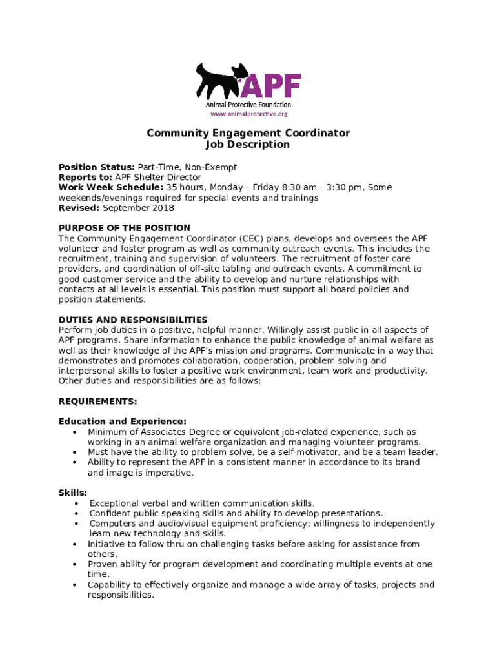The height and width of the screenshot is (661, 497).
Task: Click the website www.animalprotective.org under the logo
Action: tap(249, 114)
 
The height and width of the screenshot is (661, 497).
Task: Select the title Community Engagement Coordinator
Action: tap(248, 133)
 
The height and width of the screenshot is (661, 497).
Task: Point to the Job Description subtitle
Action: tap(248, 144)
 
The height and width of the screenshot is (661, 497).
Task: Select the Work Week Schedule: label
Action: tap(110, 188)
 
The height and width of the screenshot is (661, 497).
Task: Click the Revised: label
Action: tap(79, 208)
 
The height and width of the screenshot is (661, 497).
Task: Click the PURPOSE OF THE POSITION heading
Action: tap(125, 228)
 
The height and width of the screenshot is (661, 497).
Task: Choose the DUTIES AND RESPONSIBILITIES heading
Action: tap(133, 320)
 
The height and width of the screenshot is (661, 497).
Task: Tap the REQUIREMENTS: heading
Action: tap(97, 402)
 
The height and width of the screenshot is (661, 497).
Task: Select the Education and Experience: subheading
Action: tap(123, 422)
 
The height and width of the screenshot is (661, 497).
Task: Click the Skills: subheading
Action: tap(73, 493)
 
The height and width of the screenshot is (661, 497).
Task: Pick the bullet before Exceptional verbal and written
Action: tap(77, 503)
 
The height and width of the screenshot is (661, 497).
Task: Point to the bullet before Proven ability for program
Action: tap(76, 564)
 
